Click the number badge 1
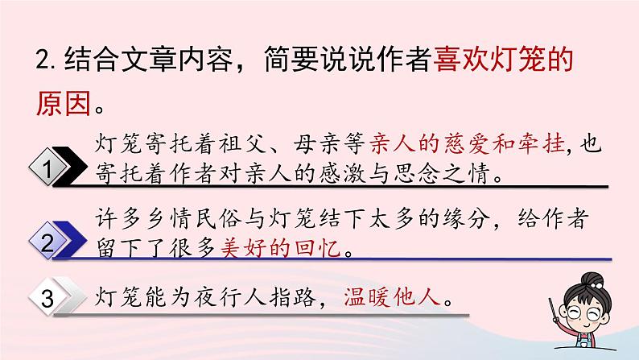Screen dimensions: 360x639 coord(50,168)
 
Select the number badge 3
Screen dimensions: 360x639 coord(50,300)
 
